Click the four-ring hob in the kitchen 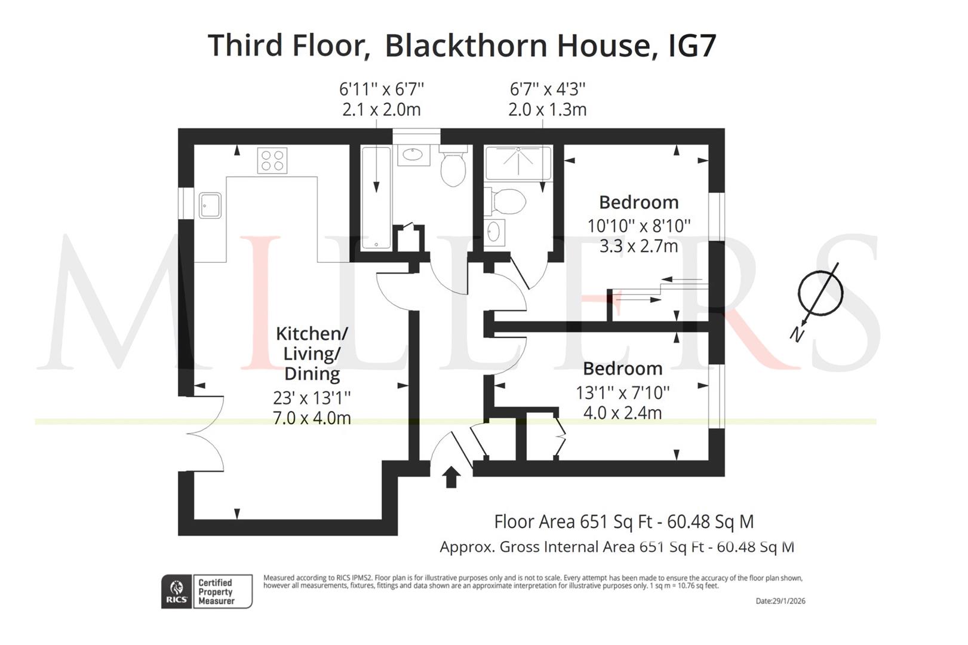[x=272, y=161]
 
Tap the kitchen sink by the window [x=210, y=205]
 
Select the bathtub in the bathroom [x=376, y=198]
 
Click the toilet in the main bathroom [x=453, y=166]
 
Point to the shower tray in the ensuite [x=518, y=162]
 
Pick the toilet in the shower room [x=505, y=202]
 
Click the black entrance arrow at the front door [x=451, y=477]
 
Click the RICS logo [x=177, y=591]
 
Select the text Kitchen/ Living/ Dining [x=312, y=354]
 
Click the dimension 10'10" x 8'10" [x=639, y=226]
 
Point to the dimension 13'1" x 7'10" [x=622, y=393]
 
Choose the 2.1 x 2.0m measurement [x=382, y=110]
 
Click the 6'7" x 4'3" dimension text [x=548, y=90]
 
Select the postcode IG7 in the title [x=692, y=45]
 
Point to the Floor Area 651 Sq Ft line [x=624, y=522]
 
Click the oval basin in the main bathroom [x=414, y=155]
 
